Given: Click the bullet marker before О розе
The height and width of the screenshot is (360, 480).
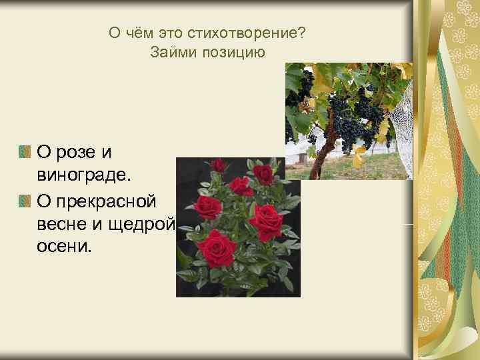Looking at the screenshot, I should pos(25,153).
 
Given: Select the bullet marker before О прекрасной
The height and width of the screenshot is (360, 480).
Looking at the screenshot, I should pos(25,200).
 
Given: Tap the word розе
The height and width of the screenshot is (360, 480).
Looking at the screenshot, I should pos(73,153).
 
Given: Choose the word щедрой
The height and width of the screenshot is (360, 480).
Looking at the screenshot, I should pos(138,223).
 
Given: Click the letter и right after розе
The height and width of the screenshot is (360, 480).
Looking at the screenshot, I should pos(106,153).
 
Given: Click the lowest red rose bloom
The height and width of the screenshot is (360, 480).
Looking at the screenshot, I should pos(218,247).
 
